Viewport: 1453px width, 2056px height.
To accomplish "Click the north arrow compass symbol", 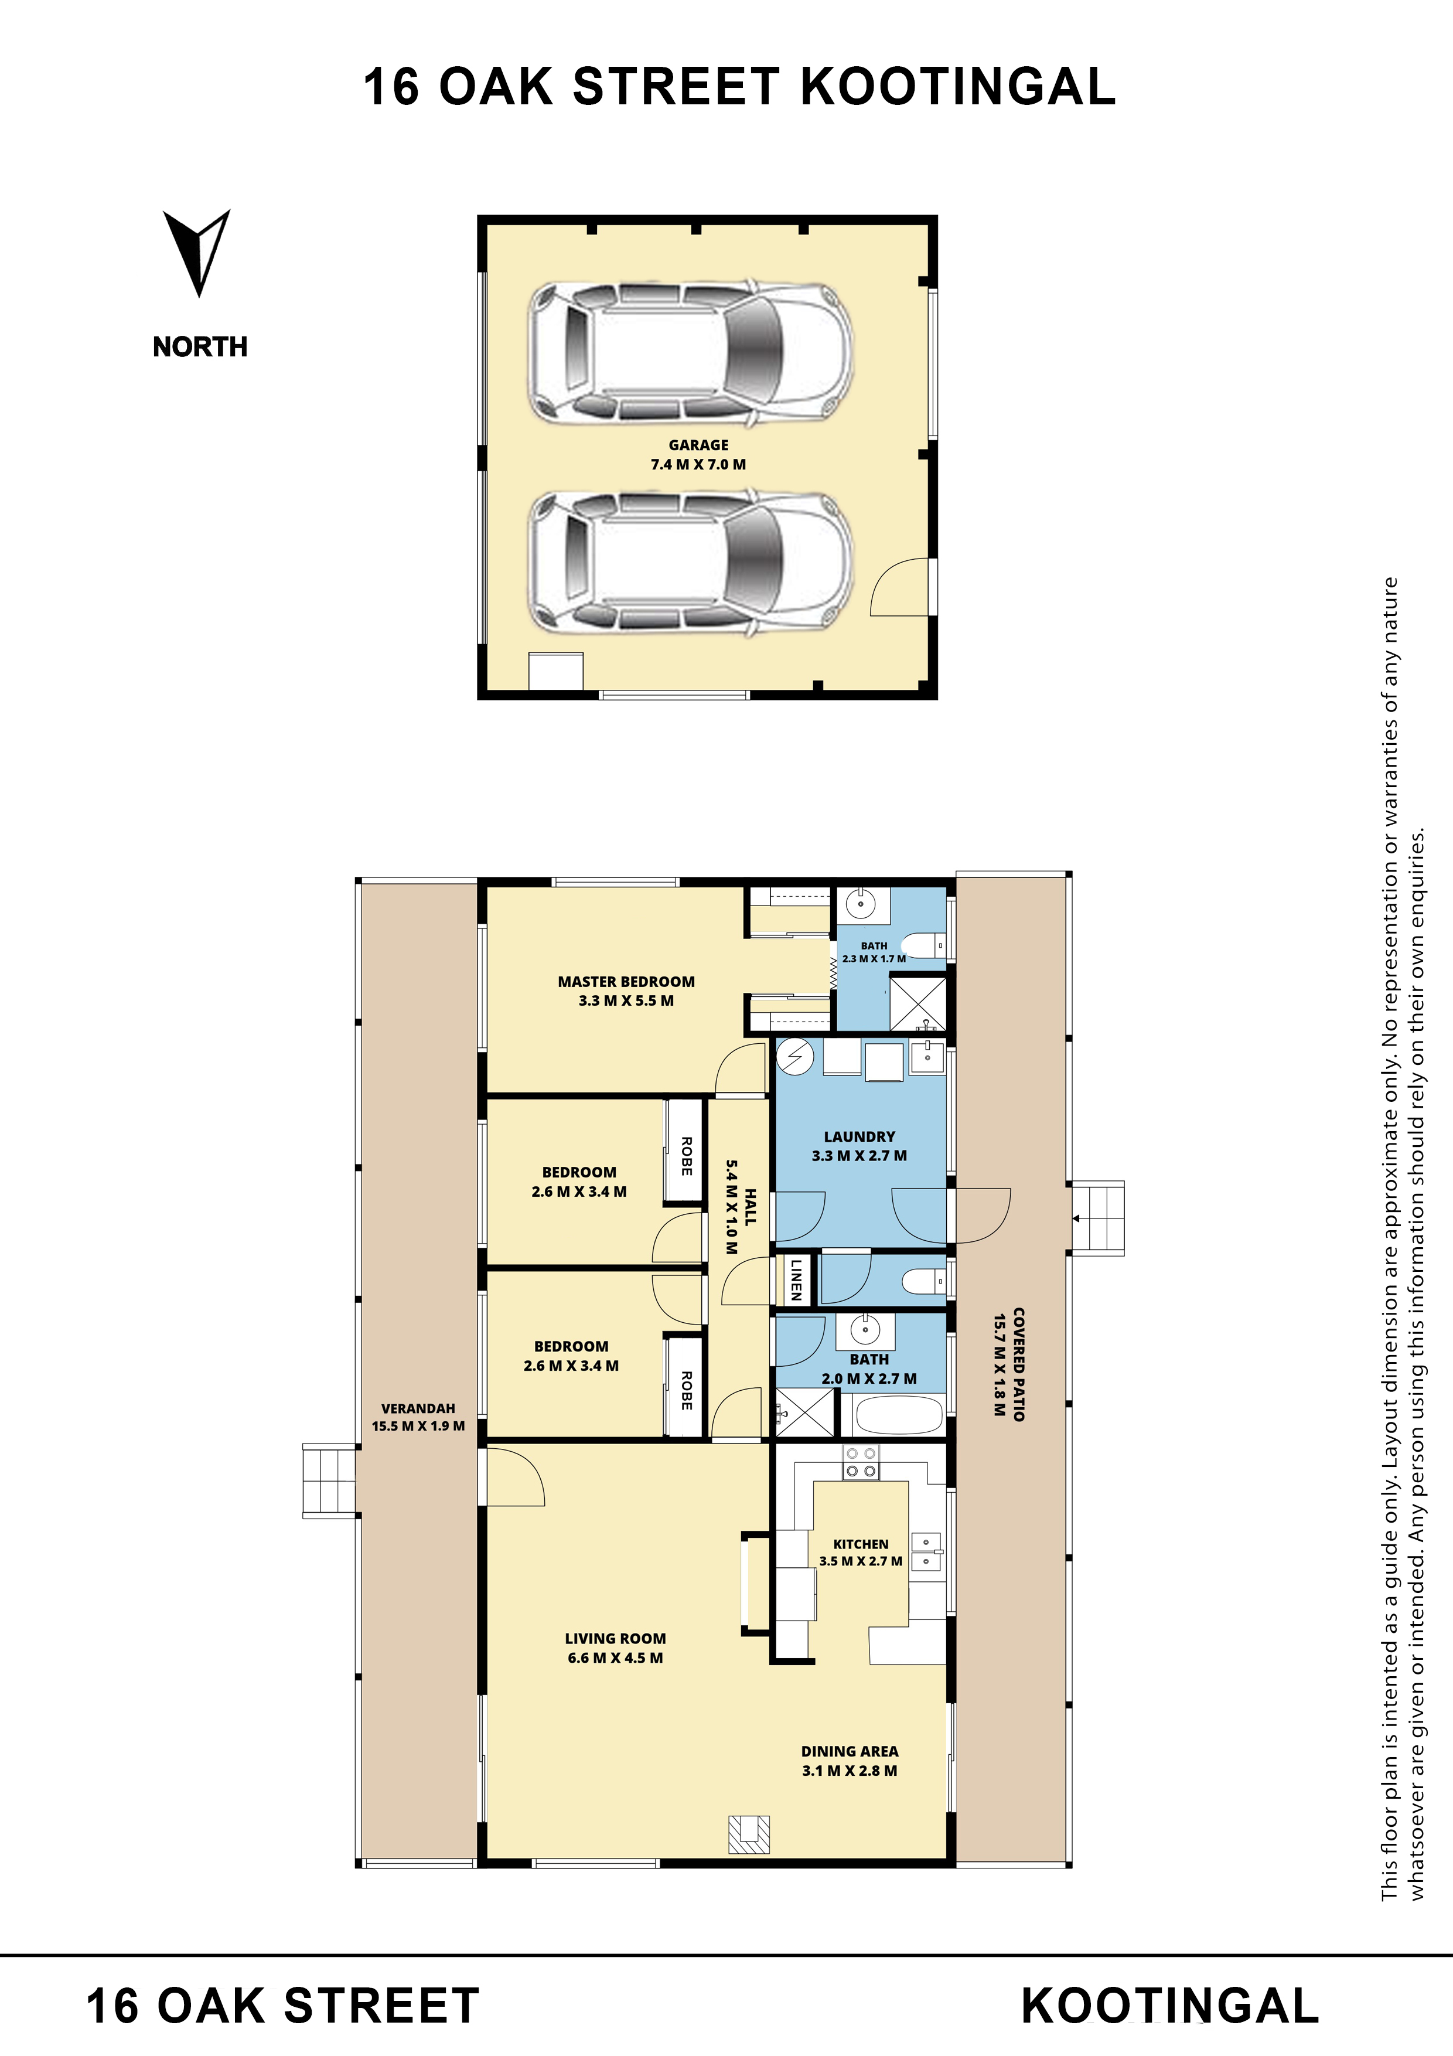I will [197, 251].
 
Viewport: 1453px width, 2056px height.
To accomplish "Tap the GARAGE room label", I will [698, 445].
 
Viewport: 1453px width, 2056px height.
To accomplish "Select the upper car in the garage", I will [690, 354].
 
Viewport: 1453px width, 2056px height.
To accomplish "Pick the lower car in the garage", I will [690, 563].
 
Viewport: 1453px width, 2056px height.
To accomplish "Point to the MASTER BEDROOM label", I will [626, 982].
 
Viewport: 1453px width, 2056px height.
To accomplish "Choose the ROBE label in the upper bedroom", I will [685, 1156].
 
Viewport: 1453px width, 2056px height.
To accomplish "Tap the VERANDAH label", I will [418, 1408].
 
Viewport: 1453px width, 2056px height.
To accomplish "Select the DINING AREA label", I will [849, 1752].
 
